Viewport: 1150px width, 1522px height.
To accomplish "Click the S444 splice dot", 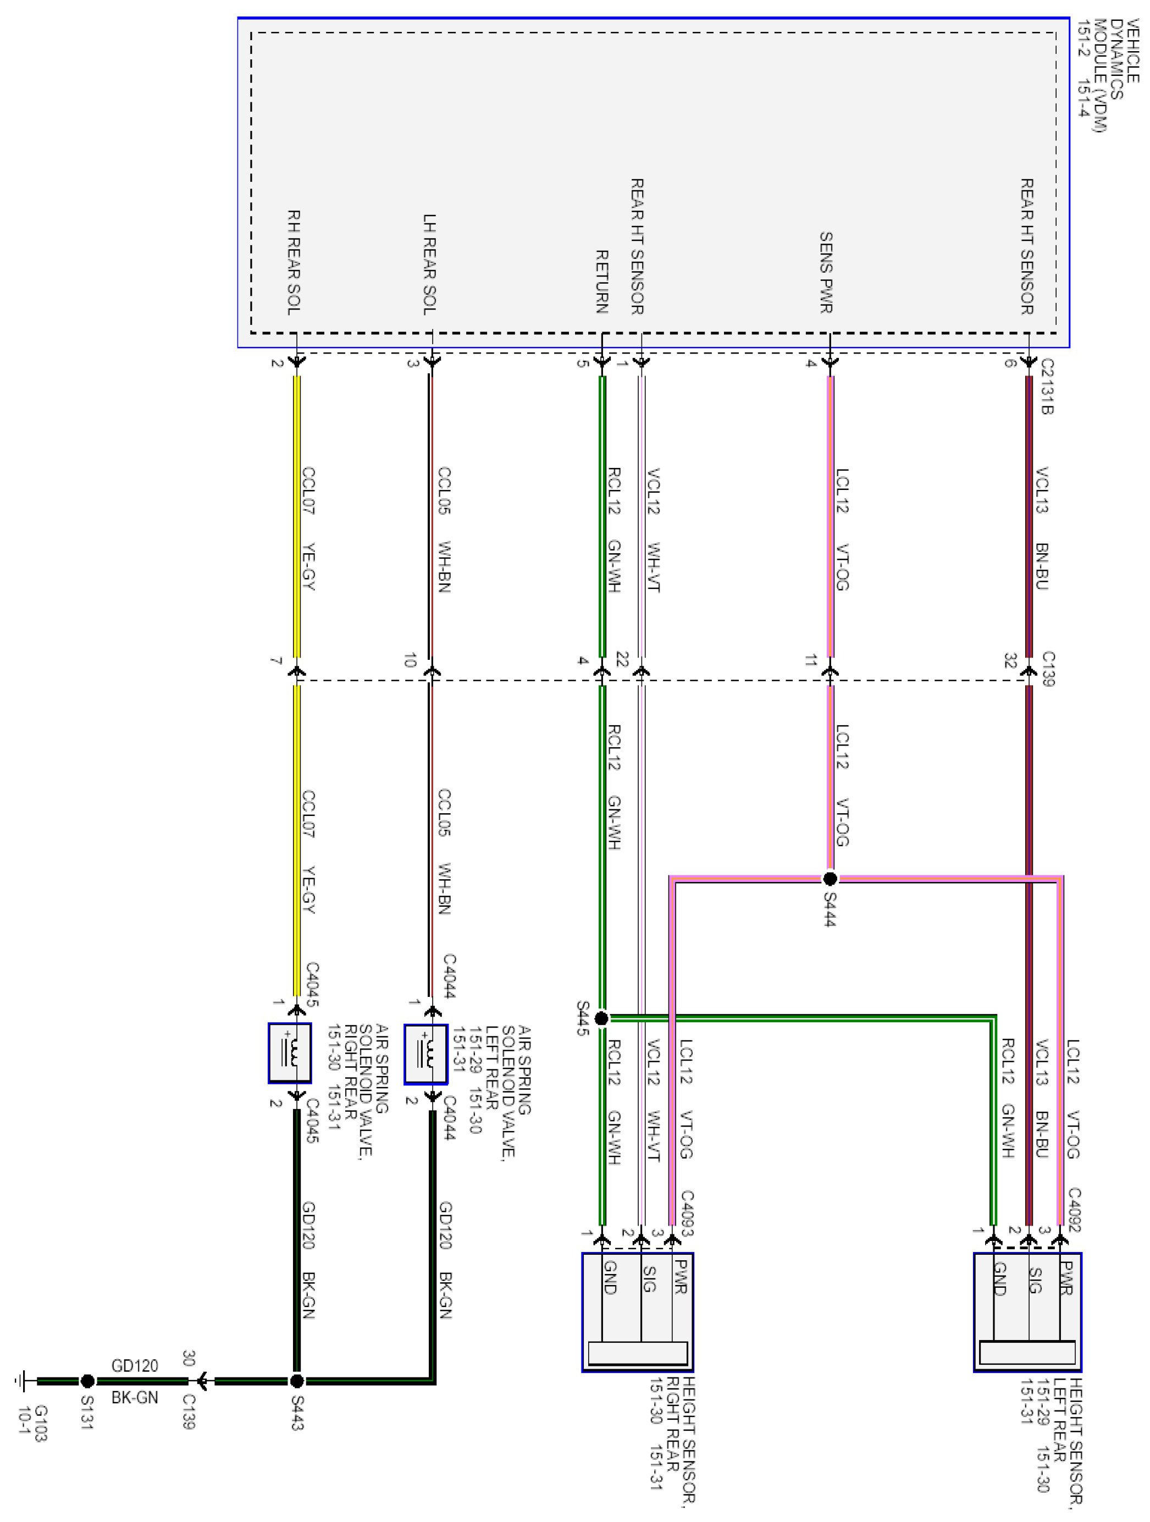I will pos(830,879).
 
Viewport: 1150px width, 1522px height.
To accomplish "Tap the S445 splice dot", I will pos(601,1018).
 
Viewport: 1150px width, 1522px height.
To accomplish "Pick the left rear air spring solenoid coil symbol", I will pos(425,1054).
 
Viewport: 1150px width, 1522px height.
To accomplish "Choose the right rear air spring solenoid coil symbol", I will pos(290,1054).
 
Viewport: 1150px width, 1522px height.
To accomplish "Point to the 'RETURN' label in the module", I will pos(601,282).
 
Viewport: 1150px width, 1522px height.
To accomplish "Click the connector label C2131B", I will pos(1046,386).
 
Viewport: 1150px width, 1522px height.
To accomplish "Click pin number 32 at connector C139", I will pos(1010,660).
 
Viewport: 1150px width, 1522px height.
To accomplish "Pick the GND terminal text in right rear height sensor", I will pos(609,1277).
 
